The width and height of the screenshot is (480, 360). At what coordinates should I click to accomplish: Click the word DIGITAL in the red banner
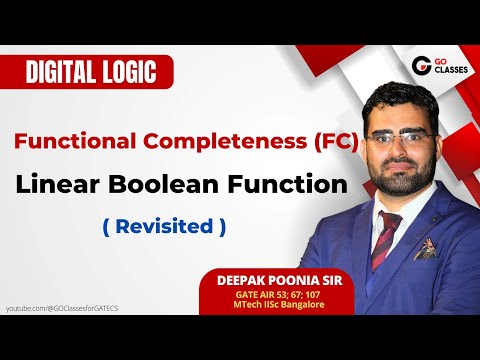click(x=62, y=73)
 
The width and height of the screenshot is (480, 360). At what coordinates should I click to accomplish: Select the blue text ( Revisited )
click(x=165, y=226)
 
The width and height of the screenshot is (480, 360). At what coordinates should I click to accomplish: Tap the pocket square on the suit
click(x=427, y=247)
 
